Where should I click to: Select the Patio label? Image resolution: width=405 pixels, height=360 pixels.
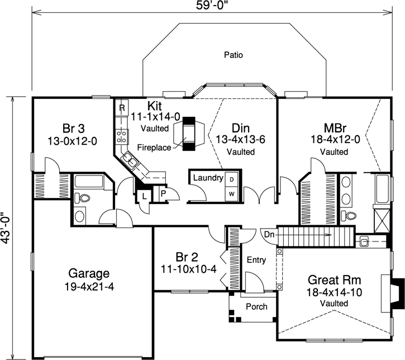(x=234, y=55)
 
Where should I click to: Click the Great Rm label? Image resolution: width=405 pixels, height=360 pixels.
(x=334, y=280)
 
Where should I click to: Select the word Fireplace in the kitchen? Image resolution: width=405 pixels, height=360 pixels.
(x=151, y=147)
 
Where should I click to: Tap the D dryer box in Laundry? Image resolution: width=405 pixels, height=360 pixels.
(x=231, y=179)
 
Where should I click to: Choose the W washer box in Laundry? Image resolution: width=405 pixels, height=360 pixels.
(x=231, y=193)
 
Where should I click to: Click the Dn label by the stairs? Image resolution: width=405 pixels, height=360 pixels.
(x=269, y=234)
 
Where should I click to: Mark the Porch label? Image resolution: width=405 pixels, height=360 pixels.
(x=256, y=306)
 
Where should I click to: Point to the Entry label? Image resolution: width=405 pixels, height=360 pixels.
(x=255, y=260)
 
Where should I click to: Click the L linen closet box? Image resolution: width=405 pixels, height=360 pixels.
(x=144, y=196)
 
